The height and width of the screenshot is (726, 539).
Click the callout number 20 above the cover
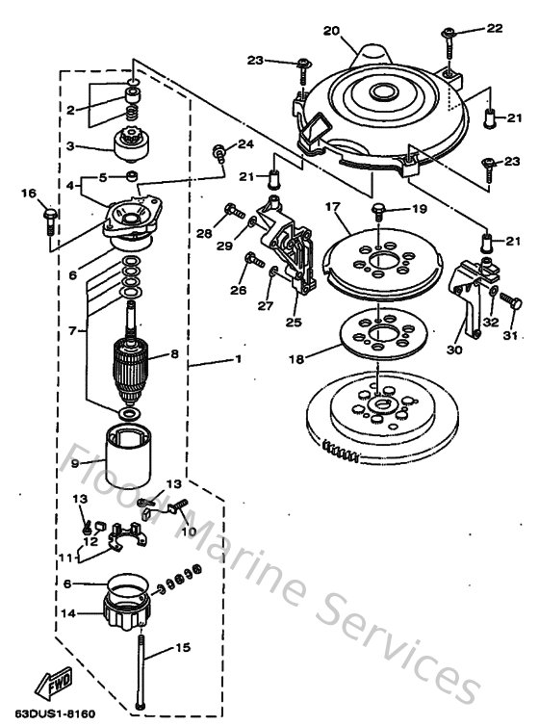click(332, 31)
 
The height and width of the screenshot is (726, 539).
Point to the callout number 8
click(173, 354)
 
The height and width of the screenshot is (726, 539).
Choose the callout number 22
click(495, 29)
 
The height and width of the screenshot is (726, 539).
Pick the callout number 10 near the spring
click(189, 530)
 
